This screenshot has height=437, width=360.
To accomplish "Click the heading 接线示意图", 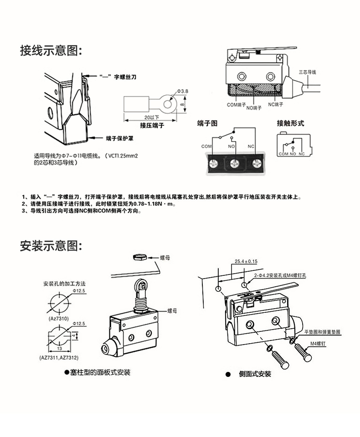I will coord(51,51).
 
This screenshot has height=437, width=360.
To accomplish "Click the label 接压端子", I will coord(152,125).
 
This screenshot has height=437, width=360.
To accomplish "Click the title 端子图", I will coord(207,123).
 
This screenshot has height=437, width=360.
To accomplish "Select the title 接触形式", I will coord(290,123).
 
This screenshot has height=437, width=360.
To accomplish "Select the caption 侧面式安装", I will coord(255,374).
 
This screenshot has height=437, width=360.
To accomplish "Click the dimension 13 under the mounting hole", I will coord(60,349).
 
